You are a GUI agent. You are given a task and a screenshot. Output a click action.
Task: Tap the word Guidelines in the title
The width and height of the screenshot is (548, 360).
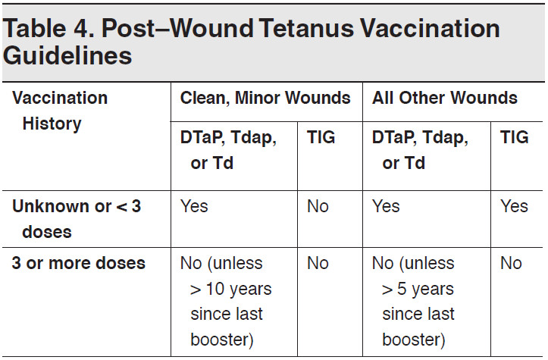coord(68,56)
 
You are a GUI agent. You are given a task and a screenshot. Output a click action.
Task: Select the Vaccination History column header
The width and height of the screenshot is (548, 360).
coord(61,111)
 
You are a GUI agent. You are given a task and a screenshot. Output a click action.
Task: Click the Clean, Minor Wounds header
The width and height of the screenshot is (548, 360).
coord(265,98)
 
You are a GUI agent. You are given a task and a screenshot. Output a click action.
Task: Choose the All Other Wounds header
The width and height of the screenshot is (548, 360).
coord(445,98)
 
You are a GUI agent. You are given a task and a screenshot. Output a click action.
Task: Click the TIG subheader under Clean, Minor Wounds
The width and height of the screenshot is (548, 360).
coord(321,138)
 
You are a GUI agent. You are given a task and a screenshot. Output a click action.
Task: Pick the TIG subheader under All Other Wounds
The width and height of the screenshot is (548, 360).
coord(515,138)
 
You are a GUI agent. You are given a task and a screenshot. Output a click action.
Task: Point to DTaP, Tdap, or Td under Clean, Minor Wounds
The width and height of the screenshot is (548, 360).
coord(228,150)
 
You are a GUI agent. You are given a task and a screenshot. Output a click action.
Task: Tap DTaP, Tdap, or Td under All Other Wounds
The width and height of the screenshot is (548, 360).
coord(420,150)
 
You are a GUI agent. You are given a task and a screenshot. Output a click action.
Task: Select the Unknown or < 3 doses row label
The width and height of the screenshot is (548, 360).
coord(76,219)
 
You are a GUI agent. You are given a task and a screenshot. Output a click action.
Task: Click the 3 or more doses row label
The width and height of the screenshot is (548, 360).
coord(78,263)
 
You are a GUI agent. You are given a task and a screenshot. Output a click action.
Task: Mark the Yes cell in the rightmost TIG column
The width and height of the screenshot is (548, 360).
coord(514,207)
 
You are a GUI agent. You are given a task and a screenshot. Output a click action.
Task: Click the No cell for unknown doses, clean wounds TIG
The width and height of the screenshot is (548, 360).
coord(318,207)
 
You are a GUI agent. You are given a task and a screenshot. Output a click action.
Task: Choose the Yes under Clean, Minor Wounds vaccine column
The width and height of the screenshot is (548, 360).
coord(194,207)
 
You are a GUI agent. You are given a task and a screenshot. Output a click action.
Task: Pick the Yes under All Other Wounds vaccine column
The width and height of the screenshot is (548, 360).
coord(386,207)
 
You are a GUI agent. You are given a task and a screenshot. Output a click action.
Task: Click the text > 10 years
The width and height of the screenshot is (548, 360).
coord(230,289)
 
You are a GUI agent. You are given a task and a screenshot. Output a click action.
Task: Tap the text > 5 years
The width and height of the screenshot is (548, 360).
coord(418,289)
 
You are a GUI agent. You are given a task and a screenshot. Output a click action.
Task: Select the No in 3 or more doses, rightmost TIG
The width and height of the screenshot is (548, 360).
coord(511,263)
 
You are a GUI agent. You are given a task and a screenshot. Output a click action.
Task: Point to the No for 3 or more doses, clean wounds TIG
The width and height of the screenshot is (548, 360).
coord(318,263)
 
